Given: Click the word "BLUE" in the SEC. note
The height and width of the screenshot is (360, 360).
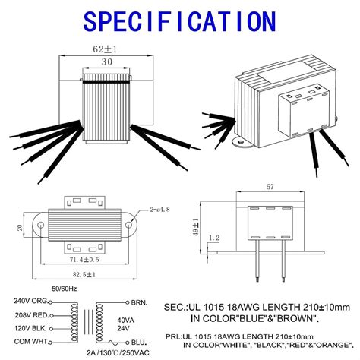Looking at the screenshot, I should click(245, 319).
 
